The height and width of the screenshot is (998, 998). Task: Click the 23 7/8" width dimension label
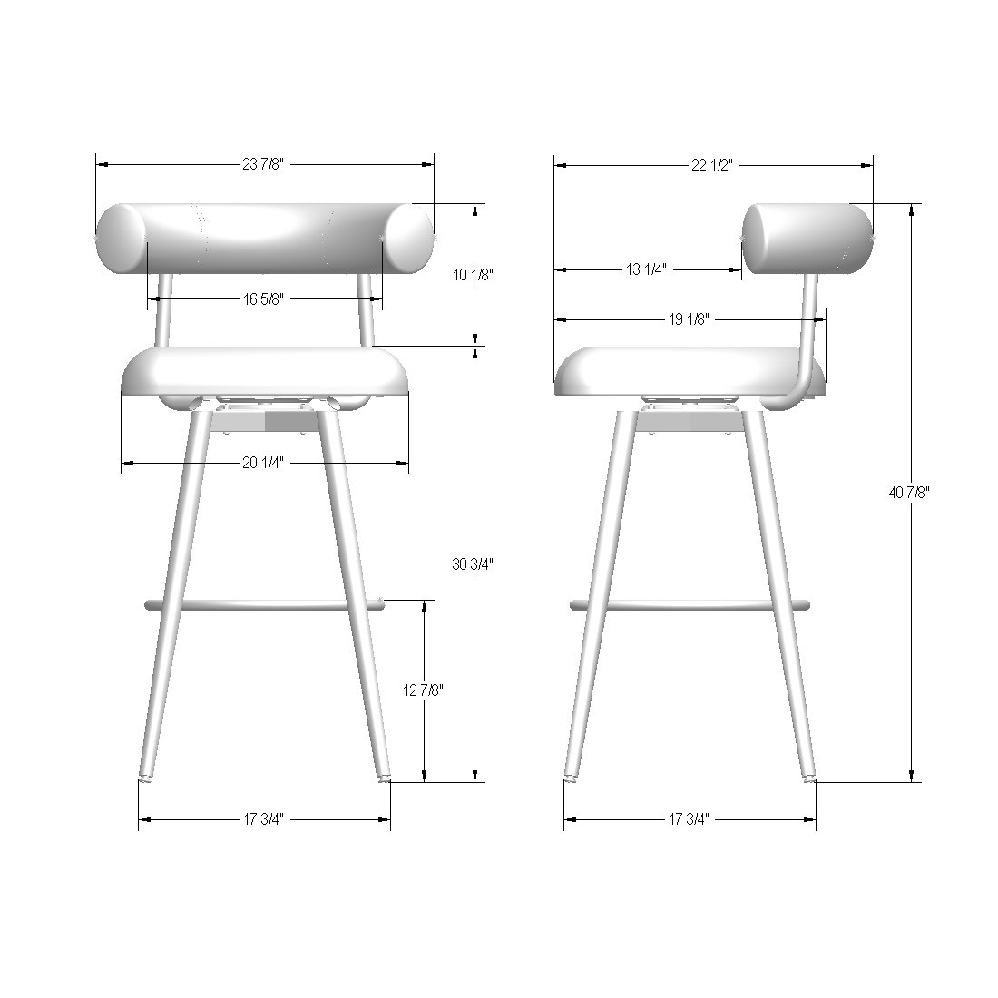[263, 164]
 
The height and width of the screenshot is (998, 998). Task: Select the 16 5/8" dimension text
[263, 298]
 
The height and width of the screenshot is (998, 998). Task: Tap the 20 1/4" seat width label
[263, 463]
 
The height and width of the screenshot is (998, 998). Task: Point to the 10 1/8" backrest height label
[473, 274]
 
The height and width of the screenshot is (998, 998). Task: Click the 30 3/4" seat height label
[473, 564]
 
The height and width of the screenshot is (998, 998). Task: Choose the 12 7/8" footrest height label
[424, 690]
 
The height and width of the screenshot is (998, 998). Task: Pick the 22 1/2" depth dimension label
[712, 165]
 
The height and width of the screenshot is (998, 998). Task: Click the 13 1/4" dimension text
[646, 269]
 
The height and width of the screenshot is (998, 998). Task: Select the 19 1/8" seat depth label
[689, 318]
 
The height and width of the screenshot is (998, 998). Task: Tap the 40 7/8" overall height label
[909, 492]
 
